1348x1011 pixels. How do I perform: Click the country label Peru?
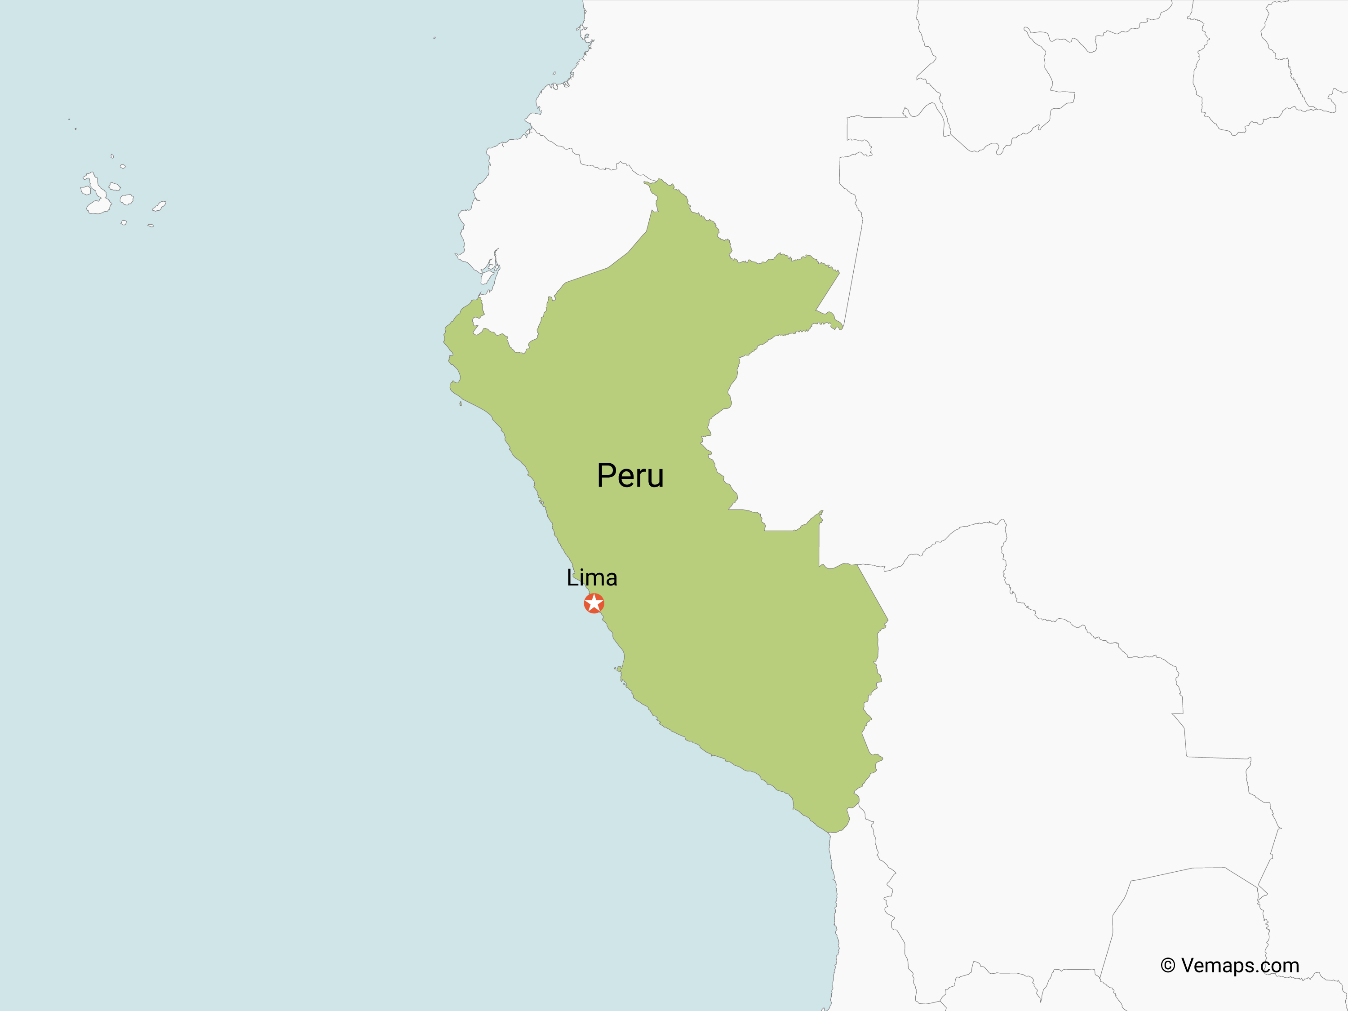pos(630,476)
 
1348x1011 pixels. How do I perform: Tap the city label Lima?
pos(592,578)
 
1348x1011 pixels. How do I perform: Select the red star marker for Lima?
pos(594,603)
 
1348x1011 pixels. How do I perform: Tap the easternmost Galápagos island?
pos(160,206)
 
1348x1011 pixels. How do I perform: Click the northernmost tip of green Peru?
pos(659,180)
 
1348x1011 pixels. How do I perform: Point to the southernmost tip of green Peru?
pos(831,832)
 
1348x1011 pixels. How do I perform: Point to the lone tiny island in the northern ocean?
pos(435,38)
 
